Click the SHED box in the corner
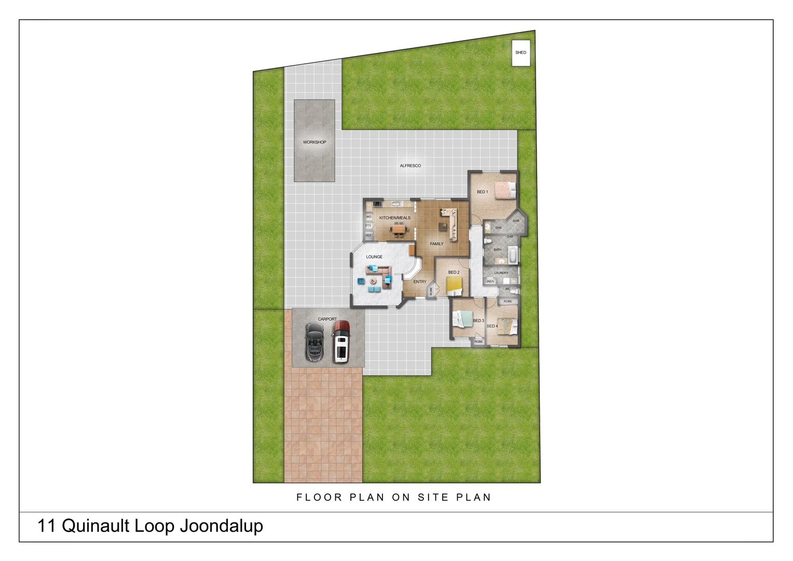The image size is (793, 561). click(521, 53)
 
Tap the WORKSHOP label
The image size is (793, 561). click(315, 142)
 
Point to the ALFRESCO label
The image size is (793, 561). click(410, 166)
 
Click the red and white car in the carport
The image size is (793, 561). click(341, 341)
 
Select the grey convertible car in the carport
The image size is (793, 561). click(315, 341)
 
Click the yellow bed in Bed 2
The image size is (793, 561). click(454, 285)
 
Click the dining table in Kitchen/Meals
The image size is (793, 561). click(399, 229)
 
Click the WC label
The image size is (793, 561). click(508, 289)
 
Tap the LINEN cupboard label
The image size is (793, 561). click(489, 282)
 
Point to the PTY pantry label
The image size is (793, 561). click(368, 226)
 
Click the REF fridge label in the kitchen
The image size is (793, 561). click(368, 235)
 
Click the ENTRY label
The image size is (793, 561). click(419, 282)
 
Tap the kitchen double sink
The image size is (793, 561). click(396, 204)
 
